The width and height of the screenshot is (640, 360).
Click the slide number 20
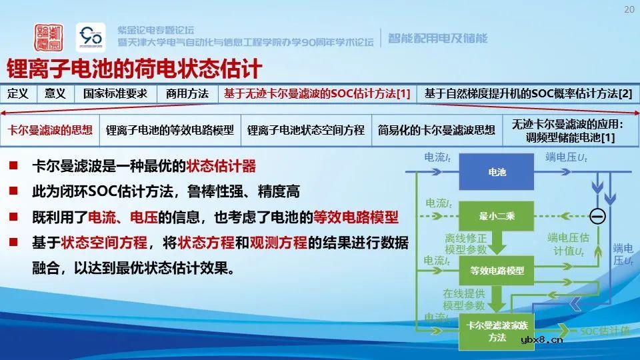629,9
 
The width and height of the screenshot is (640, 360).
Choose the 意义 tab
55,94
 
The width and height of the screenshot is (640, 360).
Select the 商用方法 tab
187,94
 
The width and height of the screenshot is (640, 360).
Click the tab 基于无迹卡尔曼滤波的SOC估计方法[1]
317,94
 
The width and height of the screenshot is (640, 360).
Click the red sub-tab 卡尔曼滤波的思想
50,130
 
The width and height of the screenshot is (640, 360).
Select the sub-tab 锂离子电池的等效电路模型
170,130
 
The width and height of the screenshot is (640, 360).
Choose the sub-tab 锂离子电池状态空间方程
305,130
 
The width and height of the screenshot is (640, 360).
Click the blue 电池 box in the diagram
497,172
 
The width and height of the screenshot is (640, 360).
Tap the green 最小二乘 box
497,215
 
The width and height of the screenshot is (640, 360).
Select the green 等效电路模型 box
497,271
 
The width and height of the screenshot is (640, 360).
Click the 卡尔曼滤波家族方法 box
497,331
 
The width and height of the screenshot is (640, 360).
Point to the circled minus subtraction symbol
597,215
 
